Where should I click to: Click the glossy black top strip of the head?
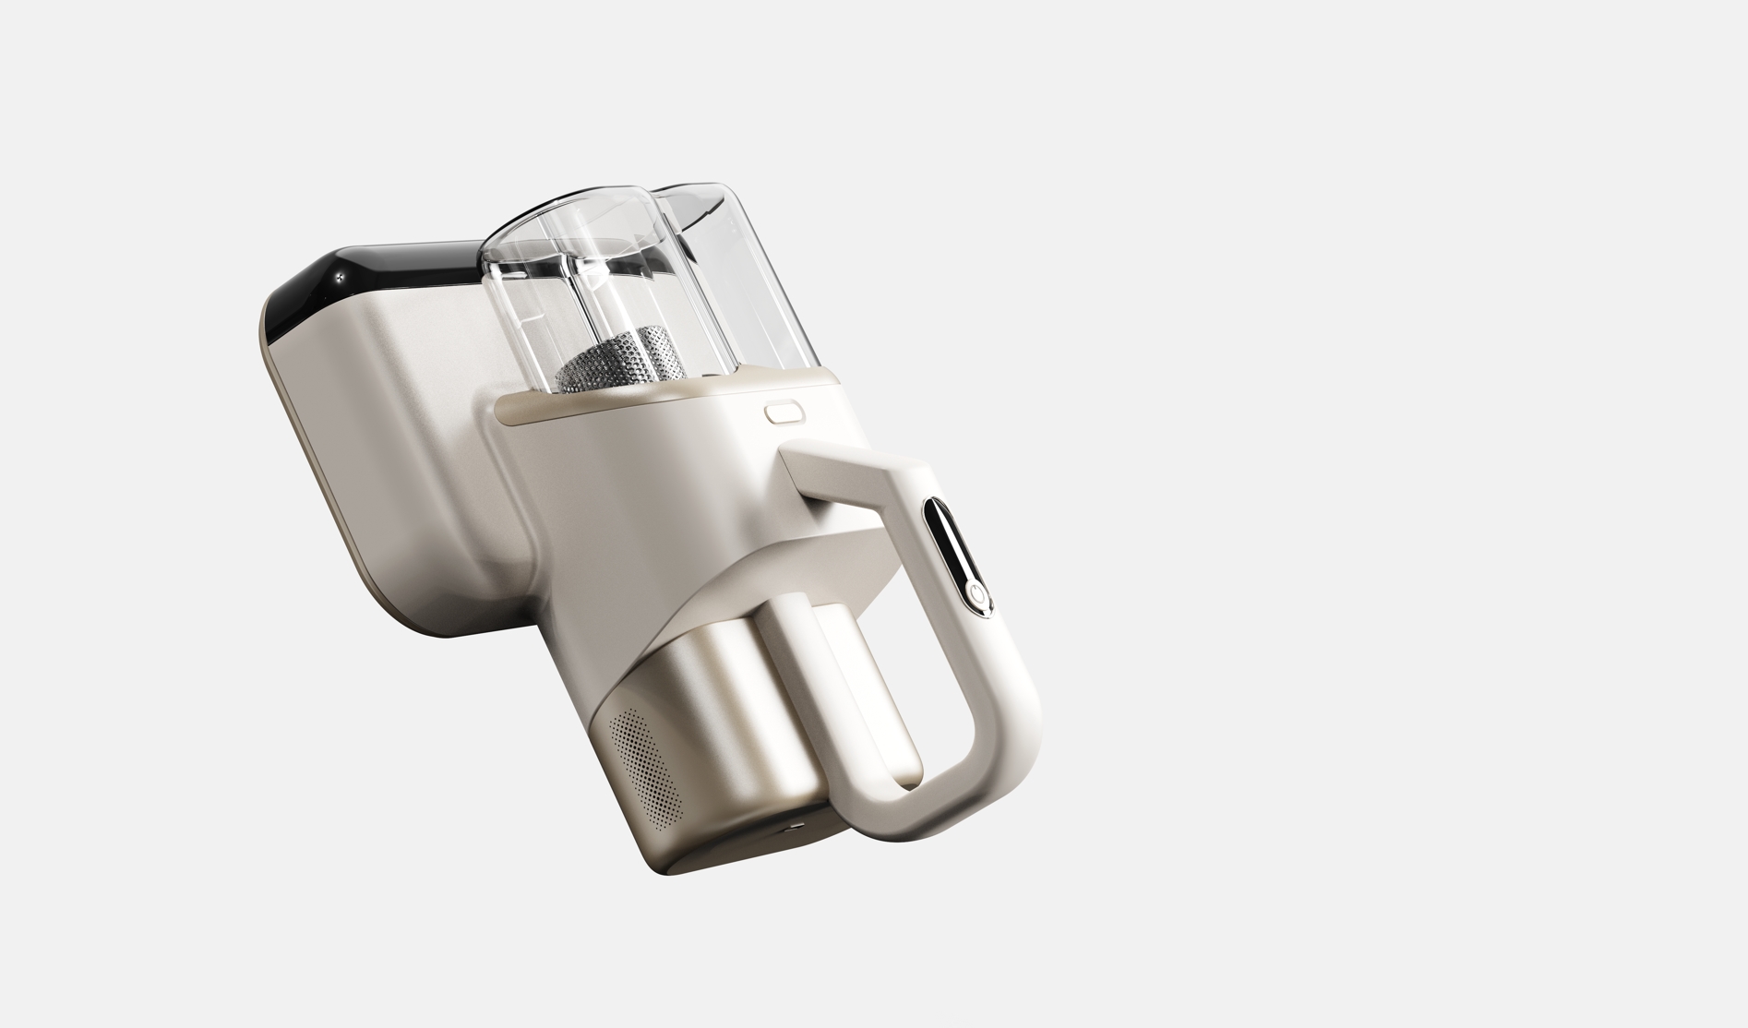click(x=388, y=268)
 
